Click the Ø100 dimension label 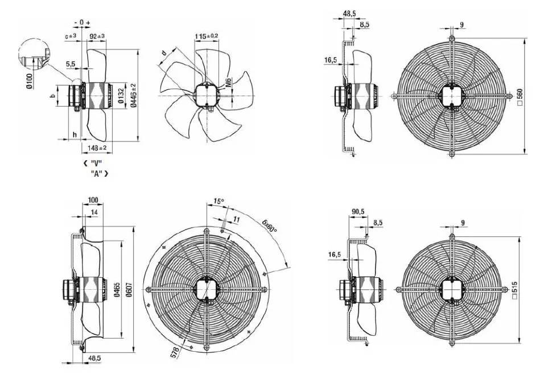[x=30, y=81]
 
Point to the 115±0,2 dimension [x=207, y=36]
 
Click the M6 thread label [x=228, y=83]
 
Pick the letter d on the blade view [x=164, y=53]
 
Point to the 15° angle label [x=219, y=202]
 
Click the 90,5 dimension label [x=358, y=211]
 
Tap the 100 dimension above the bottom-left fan [x=93, y=201]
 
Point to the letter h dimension [x=75, y=135]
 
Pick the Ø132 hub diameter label [x=121, y=95]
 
